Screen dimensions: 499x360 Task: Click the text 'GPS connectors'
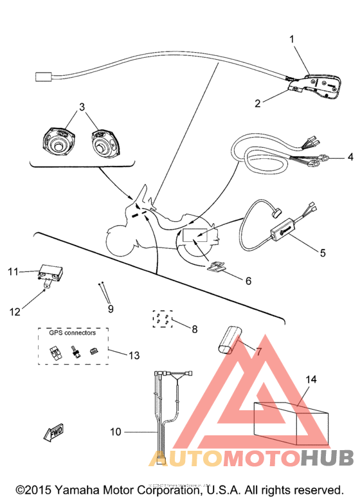pos(72,333)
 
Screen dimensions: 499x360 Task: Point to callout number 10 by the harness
pos(115,432)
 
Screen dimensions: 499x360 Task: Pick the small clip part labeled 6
pos(219,267)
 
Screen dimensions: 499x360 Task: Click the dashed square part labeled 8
pos(161,318)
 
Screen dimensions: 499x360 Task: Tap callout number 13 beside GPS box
pos(133,354)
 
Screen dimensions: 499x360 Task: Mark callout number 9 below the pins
pos(111,309)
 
